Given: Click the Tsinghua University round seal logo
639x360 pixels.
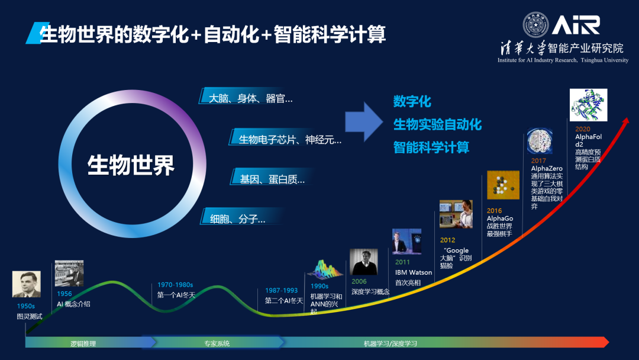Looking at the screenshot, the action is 535,25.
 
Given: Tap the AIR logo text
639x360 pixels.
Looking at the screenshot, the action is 576,25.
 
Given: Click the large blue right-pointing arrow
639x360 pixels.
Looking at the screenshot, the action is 364,121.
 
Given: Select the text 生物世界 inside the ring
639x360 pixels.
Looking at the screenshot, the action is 131,165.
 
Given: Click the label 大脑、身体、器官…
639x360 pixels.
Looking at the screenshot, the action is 251,99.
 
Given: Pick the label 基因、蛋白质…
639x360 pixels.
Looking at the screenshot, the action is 272,179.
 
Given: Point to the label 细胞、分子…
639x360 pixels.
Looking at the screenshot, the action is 238,219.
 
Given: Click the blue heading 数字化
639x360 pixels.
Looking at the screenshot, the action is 412,101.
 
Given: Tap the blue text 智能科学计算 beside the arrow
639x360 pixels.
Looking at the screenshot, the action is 431,147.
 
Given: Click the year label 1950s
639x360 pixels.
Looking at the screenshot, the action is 25,306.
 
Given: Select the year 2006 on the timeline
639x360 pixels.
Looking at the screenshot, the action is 359,281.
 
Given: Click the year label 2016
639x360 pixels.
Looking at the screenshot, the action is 494,211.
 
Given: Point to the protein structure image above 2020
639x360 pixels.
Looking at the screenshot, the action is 589,105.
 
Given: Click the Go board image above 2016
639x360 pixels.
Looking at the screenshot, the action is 504,185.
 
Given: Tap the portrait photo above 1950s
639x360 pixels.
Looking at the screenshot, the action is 27,284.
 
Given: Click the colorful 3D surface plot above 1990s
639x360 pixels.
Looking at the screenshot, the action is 324,269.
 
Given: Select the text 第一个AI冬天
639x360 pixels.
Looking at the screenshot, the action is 176,295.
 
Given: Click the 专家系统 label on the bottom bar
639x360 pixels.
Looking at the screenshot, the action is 217,343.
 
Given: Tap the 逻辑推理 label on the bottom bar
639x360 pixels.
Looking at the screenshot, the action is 83,343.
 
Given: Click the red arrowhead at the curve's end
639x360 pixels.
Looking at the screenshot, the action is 624,122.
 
